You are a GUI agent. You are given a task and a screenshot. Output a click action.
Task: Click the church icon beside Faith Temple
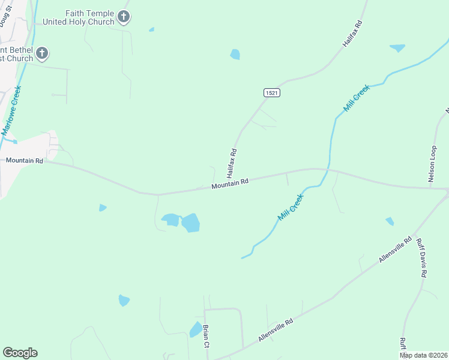pyautogui.click(x=124, y=17)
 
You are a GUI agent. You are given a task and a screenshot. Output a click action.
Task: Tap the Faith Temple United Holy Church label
pyautogui.click(x=79, y=17)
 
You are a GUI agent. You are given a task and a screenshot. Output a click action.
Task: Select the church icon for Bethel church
pyautogui.click(x=42, y=53)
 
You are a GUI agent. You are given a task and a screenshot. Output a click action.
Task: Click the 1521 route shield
pyautogui.click(x=271, y=93)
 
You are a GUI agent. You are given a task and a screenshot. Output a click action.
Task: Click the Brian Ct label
pyautogui.click(x=205, y=336)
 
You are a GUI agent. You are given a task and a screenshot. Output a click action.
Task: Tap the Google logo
pyautogui.click(x=20, y=353)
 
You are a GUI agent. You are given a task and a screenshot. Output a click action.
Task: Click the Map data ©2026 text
pyautogui.click(x=424, y=355)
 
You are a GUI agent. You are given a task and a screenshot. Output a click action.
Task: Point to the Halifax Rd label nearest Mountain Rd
pyautogui.click(x=232, y=163)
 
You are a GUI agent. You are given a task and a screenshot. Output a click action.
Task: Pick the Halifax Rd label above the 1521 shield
pyautogui.click(x=352, y=34)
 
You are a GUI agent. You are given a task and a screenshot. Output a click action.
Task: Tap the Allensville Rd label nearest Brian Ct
pyautogui.click(x=276, y=330)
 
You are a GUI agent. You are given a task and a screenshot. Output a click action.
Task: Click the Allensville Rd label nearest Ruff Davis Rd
pyautogui.click(x=395, y=249)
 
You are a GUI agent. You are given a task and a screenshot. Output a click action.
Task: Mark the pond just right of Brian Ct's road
pyautogui.click(x=196, y=329)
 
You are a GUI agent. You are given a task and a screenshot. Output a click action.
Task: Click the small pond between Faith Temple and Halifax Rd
pyautogui.click(x=235, y=55)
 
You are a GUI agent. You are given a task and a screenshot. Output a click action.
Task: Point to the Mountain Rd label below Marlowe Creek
pyautogui.click(x=24, y=161)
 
